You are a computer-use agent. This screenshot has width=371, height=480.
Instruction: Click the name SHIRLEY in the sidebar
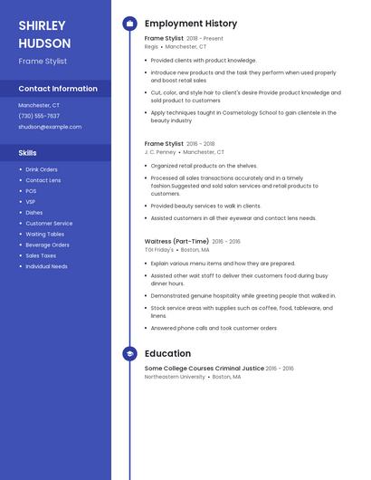click(42, 25)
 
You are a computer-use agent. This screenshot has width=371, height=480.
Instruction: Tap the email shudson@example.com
click(50, 127)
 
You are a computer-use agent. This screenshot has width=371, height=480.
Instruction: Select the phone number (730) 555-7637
click(39, 116)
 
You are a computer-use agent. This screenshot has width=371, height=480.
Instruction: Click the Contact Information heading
click(58, 89)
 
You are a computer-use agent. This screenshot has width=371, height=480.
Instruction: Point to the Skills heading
click(28, 153)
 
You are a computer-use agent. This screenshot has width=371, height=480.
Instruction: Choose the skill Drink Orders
click(42, 169)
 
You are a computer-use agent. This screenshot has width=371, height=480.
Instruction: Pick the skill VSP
click(31, 202)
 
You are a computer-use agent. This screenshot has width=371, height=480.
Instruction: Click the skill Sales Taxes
click(41, 256)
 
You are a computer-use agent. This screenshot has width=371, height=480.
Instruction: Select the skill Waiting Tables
click(44, 235)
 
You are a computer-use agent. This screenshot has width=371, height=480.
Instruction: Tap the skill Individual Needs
click(46, 267)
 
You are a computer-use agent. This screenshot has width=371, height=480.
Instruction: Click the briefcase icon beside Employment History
click(129, 24)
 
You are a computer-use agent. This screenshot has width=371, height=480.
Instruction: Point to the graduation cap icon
click(129, 354)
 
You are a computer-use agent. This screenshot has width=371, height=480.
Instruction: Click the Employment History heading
click(190, 24)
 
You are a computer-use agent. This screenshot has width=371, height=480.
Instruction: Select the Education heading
click(167, 354)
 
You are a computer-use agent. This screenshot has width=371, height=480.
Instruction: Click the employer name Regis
click(151, 46)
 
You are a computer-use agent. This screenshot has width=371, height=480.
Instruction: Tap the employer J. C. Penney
click(160, 152)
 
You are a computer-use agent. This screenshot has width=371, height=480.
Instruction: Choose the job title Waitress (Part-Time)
click(177, 242)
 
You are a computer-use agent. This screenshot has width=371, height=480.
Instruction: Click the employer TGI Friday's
click(159, 250)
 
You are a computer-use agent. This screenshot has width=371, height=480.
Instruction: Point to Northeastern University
click(175, 377)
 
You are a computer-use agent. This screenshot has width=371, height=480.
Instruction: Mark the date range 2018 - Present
click(205, 39)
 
